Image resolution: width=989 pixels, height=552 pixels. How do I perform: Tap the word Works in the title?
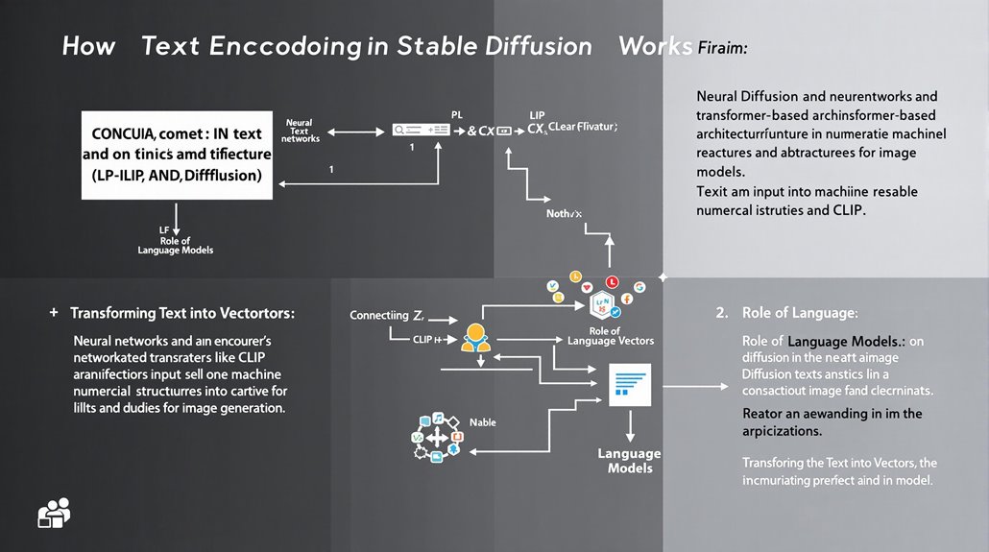click(x=655, y=46)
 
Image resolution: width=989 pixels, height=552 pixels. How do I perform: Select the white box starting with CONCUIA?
click(x=177, y=155)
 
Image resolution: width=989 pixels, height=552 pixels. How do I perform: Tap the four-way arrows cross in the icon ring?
click(x=438, y=438)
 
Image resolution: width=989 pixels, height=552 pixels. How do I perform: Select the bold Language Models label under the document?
click(x=629, y=461)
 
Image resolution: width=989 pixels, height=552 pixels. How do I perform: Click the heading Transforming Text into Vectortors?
click(x=182, y=314)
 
